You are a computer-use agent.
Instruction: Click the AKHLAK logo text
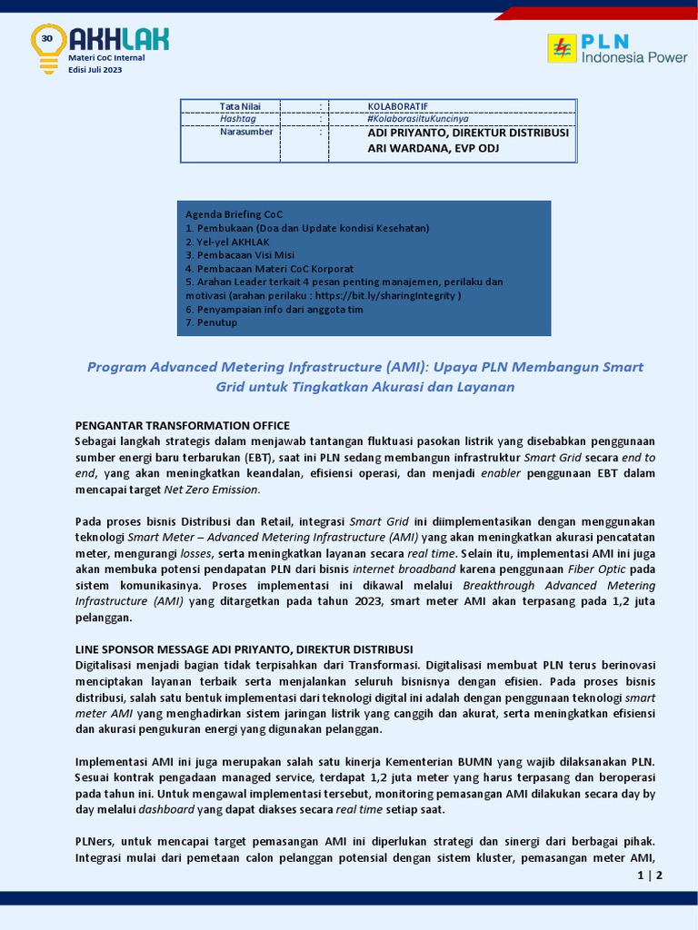tap(118, 39)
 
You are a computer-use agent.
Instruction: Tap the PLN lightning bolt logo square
tap(562, 48)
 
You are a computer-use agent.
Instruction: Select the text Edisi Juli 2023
tap(95, 70)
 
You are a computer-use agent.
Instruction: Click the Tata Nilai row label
tap(240, 106)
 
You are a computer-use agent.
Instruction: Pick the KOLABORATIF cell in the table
tap(397, 106)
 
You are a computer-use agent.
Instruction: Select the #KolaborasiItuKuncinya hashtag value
tap(417, 119)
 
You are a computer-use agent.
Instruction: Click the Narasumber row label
tap(245, 133)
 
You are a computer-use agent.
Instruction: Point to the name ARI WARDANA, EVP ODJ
tap(434, 149)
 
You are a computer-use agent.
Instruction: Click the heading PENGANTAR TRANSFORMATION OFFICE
tap(182, 425)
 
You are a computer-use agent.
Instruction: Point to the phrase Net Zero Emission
tap(222, 490)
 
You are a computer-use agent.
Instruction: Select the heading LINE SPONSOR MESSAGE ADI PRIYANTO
tap(244, 648)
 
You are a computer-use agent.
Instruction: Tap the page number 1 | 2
tap(650, 876)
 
